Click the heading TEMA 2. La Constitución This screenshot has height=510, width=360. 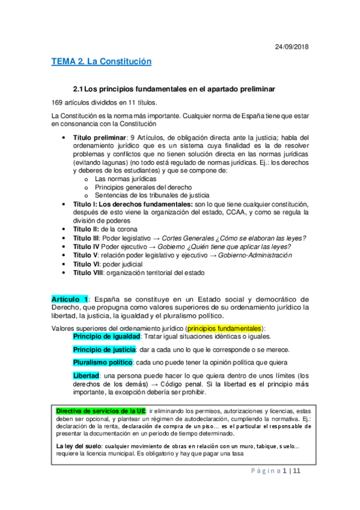pyautogui.click(x=101, y=62)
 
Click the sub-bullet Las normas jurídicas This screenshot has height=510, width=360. pyautogui.click(x=126, y=179)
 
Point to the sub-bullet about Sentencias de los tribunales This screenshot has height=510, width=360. pyautogui.click(x=152, y=195)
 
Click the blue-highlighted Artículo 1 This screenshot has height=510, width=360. pyautogui.click(x=71, y=300)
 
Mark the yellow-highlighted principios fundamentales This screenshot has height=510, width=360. pyautogui.click(x=225, y=328)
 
